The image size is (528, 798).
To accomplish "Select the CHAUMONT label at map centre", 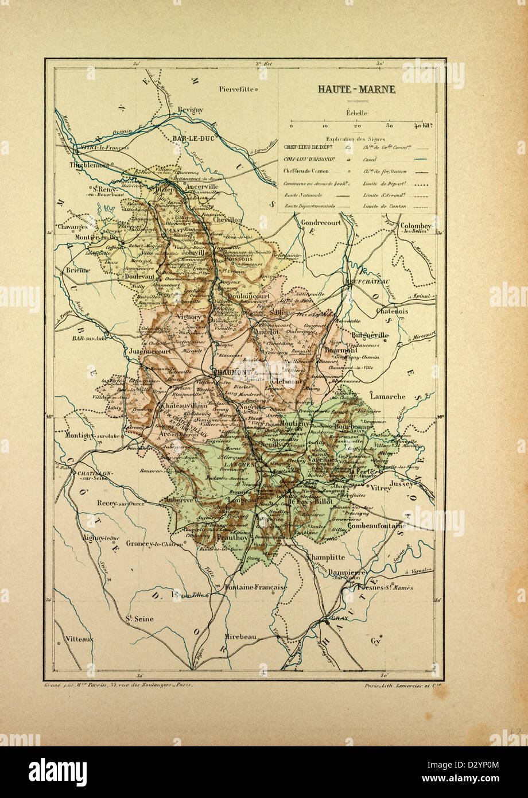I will click(232, 372).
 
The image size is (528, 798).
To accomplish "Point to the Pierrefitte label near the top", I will click(236, 89).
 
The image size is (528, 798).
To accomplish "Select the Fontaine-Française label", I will click(255, 587).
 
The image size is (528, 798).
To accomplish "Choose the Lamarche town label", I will click(387, 396).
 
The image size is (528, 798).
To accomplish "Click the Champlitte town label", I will click(326, 557).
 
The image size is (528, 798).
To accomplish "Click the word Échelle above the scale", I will click(357, 114).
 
